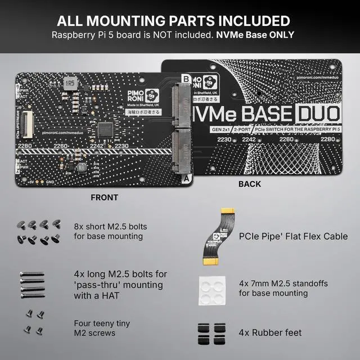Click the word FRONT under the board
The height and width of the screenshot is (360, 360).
104,197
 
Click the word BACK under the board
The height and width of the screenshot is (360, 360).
250,184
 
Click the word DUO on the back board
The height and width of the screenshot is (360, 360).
318,114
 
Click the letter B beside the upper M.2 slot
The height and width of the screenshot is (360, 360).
187,79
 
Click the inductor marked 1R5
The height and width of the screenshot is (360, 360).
70,83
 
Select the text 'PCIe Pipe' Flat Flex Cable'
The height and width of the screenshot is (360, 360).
293,236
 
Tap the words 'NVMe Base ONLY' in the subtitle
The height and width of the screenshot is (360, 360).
256,35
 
